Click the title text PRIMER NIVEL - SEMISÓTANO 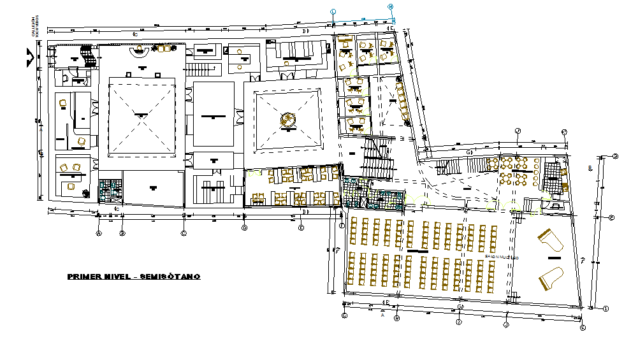(x=134, y=277)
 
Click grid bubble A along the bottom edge (x=99, y=233)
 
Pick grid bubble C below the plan (x=184, y=233)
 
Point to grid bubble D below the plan (x=244, y=227)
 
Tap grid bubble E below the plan (x=301, y=227)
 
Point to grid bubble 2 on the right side (x=616, y=156)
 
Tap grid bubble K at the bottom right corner (x=583, y=328)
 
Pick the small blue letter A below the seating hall (x=382, y=315)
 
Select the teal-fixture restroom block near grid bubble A (x=110, y=189)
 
